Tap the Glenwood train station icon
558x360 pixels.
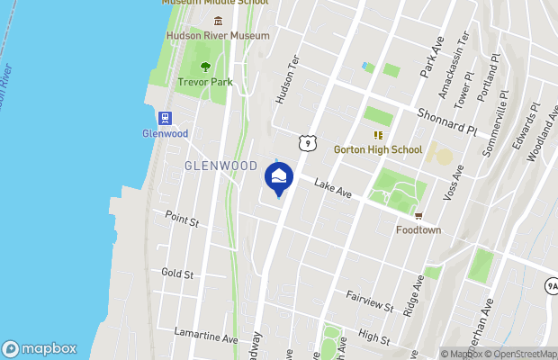click(x=165, y=118)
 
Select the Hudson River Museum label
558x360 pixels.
click(x=218, y=35)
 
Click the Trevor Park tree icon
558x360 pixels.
click(x=205, y=66)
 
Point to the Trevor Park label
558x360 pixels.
click(x=205, y=82)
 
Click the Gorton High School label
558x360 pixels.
click(x=377, y=149)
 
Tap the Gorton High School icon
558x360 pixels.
click(x=378, y=135)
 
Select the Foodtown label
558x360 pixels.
click(x=418, y=229)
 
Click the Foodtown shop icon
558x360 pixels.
click(x=418, y=216)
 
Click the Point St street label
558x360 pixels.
click(x=181, y=220)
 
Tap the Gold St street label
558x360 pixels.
click(x=177, y=272)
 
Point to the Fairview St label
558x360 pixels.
click(x=371, y=301)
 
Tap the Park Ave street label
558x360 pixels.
click(x=433, y=54)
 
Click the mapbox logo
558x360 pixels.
click(x=38, y=348)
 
